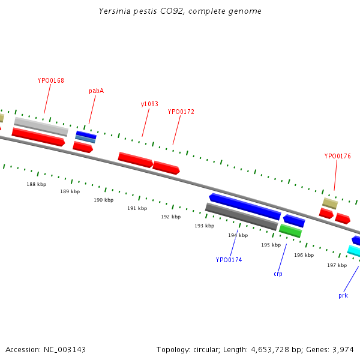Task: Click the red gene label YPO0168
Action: pos(51,80)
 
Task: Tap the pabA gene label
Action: pos(96,91)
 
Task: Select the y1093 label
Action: pos(149,104)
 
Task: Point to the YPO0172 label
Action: pos(181,112)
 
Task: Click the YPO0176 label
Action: pos(337,156)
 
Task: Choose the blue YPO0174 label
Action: pos(229,260)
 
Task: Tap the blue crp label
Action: pos(278,274)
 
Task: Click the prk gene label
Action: pos(343,295)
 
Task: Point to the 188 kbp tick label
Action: pos(36,184)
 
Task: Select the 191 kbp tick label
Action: pos(137,208)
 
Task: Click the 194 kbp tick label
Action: pos(238,235)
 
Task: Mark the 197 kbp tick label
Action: pos(337,265)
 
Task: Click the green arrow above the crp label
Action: pos(290,230)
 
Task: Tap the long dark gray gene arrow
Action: pos(241,216)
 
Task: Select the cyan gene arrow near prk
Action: pos(354,251)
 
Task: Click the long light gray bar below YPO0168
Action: pos(41,126)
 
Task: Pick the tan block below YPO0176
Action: pos(330,203)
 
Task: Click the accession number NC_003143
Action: pos(64,349)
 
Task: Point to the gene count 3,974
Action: pos(344,349)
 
